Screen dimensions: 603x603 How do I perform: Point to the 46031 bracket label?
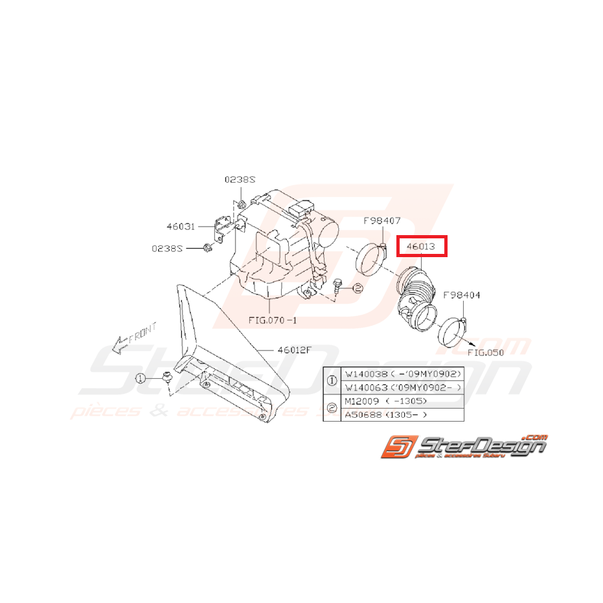coord(181,227)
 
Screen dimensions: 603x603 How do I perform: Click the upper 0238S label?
coord(239,180)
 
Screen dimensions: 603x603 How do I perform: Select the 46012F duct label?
coord(295,350)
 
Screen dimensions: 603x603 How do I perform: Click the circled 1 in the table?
coord(332,381)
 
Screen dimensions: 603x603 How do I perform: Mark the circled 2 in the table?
coord(332,407)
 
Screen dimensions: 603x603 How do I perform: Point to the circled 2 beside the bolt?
coord(358,290)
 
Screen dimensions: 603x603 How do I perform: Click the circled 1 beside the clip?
coord(141,378)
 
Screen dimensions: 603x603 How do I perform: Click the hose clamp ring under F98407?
coord(372,262)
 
